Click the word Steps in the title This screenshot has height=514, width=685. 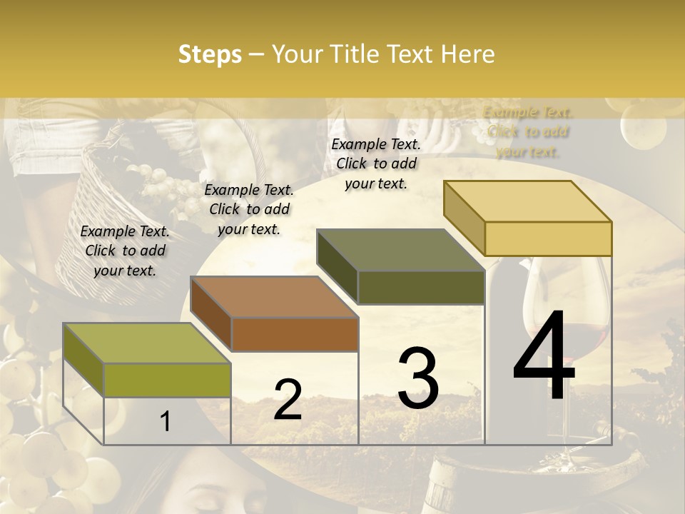point(210,55)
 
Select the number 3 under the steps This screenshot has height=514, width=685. point(417,378)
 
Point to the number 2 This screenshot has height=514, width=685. point(288,400)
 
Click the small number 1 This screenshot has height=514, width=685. point(166,421)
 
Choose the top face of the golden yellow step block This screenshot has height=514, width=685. point(527,201)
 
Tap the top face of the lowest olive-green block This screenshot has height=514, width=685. point(146,343)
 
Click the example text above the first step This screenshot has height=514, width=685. point(125,251)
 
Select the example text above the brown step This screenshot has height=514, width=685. point(249,209)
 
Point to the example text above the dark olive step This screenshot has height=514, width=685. point(376,163)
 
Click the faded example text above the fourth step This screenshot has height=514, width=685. point(528,131)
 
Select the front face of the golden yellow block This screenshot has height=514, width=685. point(548,238)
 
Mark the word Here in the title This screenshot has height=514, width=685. point(468,55)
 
